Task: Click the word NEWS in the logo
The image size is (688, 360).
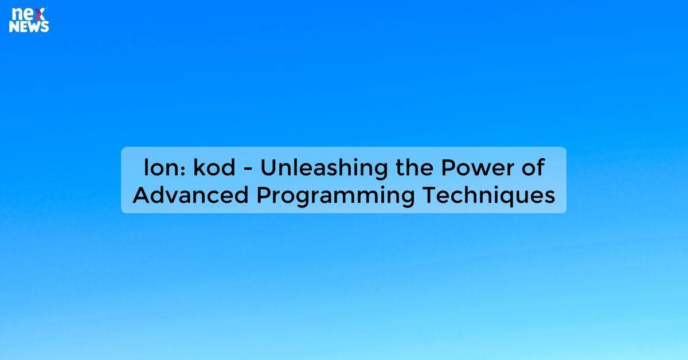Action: click(x=29, y=26)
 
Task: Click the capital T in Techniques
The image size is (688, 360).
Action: click(x=429, y=195)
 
